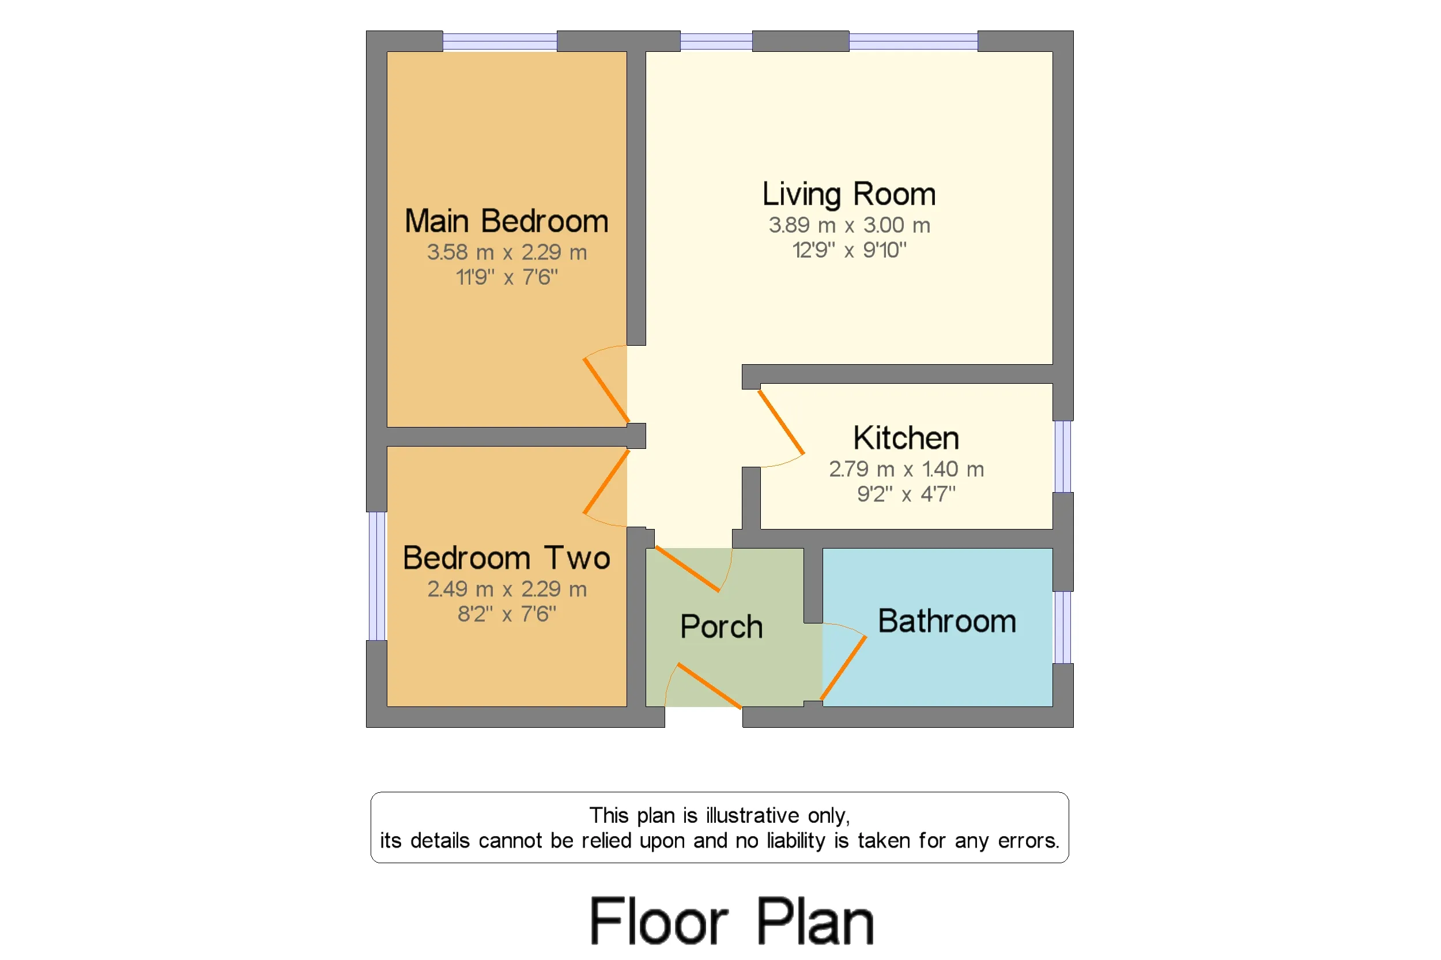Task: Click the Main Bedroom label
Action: tap(507, 221)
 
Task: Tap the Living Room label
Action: tap(849, 195)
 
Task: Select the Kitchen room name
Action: tap(906, 438)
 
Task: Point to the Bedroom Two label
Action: tap(507, 558)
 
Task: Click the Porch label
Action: tap(722, 627)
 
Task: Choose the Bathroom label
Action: tap(947, 621)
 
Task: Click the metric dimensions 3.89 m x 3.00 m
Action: tap(850, 225)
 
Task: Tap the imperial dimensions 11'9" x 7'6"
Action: tap(507, 277)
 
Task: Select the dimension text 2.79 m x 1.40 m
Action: tap(906, 469)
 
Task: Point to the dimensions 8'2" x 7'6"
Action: tap(507, 614)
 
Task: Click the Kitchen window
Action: tap(1063, 457)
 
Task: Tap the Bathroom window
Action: tap(1063, 627)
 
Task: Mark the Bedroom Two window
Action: tap(376, 576)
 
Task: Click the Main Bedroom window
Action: tap(500, 41)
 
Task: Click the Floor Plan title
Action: tap(732, 921)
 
